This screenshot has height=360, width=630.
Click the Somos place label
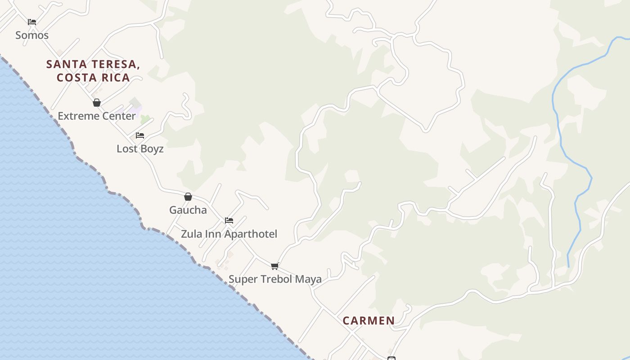pos(32,35)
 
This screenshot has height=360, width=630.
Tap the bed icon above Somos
pos(31,22)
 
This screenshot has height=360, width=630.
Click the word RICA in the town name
pos(114,77)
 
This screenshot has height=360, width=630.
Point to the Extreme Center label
pos(97,116)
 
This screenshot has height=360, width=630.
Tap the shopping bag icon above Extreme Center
pos(96,103)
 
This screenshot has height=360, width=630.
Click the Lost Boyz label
pos(140,149)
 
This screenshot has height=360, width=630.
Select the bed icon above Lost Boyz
pos(140,135)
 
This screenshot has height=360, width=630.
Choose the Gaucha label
pos(188,210)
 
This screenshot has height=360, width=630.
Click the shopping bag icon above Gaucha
pos(188,197)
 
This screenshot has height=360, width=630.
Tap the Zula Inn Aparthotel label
pos(229,234)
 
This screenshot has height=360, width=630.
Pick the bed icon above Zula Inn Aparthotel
pos(229,220)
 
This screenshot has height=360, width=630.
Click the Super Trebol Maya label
pos(275,279)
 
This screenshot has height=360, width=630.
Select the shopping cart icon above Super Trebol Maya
pos(275,266)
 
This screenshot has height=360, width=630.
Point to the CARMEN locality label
pos(369,321)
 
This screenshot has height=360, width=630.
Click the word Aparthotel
pos(251,234)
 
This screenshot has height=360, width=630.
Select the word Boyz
pos(152,149)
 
